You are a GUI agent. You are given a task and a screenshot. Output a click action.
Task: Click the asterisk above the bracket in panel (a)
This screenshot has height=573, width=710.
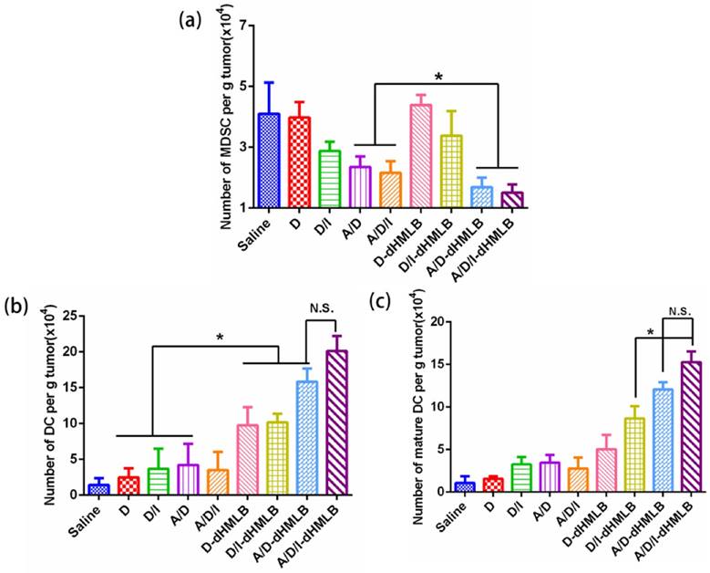[438, 78]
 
